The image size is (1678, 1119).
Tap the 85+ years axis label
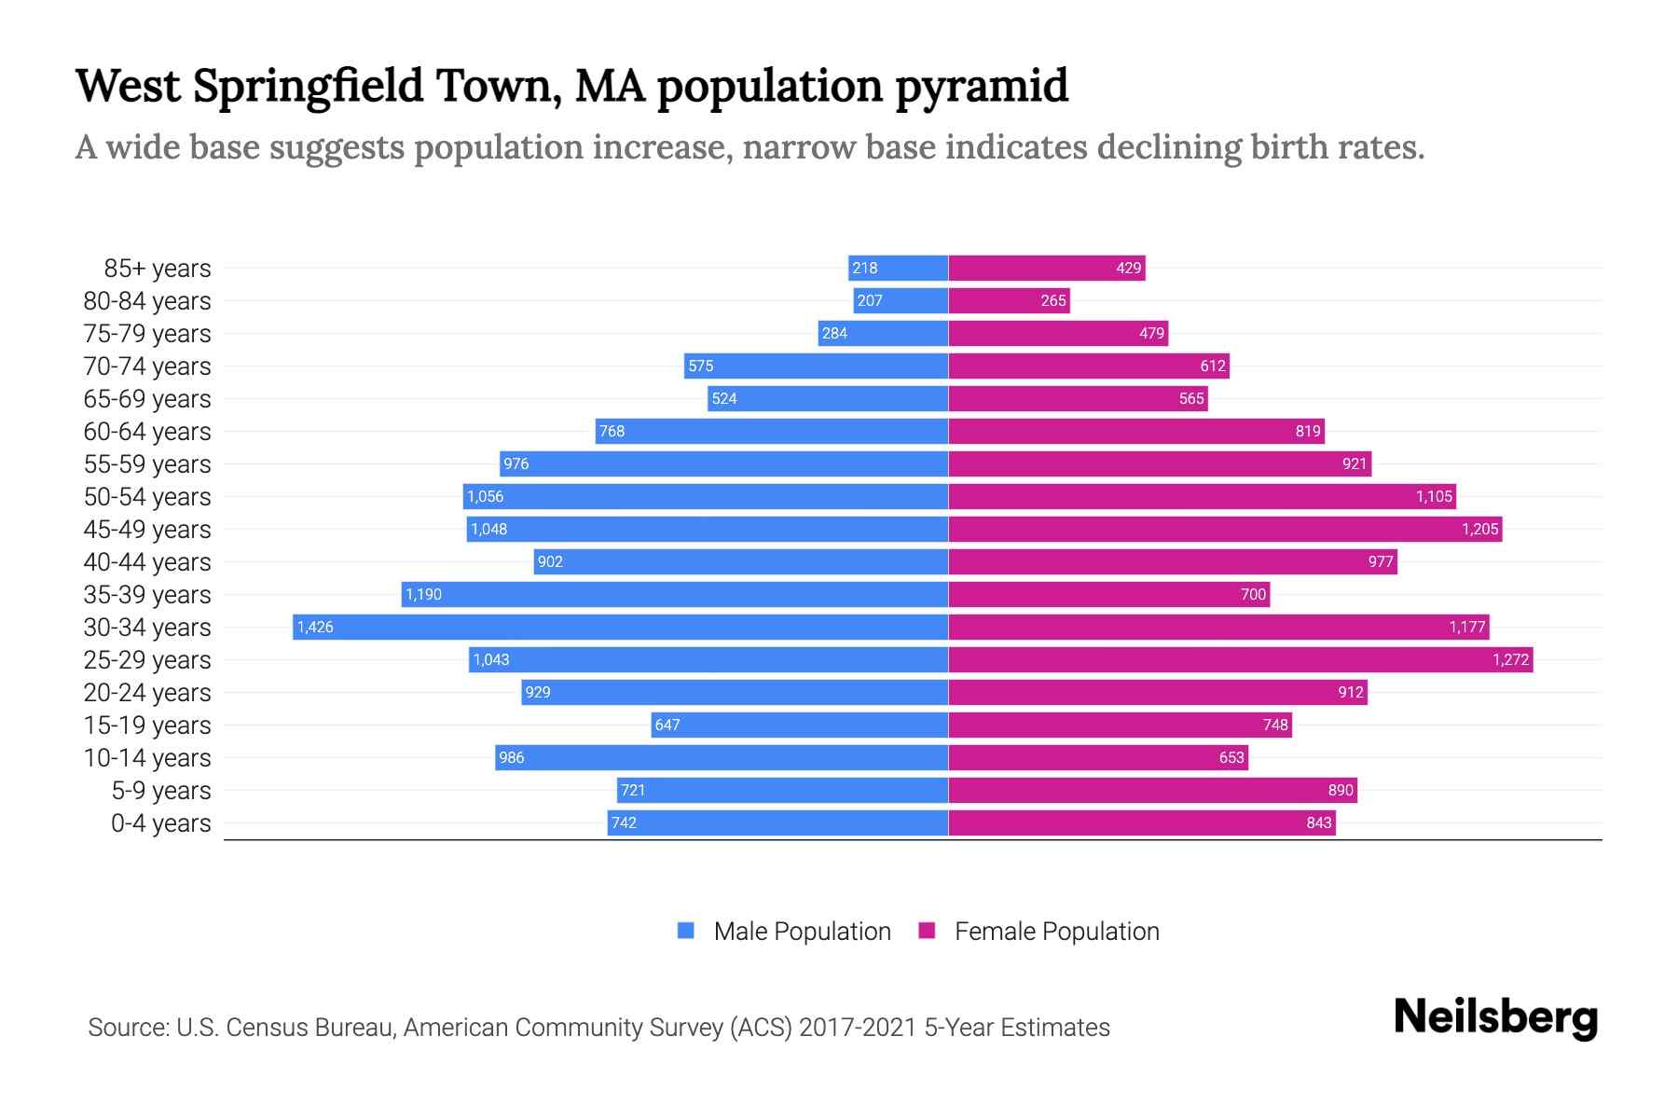point(157,269)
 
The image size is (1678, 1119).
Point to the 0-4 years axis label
point(160,823)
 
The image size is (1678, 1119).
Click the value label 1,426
point(315,627)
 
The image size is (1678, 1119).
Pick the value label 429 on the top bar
point(1128,268)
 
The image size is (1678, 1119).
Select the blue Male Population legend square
point(686,931)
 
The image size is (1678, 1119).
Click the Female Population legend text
point(1056,931)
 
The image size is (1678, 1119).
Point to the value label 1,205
point(1479,529)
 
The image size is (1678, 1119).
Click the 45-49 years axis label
point(147,530)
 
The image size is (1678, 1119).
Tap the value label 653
point(1231,757)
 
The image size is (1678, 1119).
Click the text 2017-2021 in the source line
point(857,1028)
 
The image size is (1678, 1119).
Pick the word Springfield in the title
point(309,86)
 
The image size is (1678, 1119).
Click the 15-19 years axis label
point(147,725)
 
